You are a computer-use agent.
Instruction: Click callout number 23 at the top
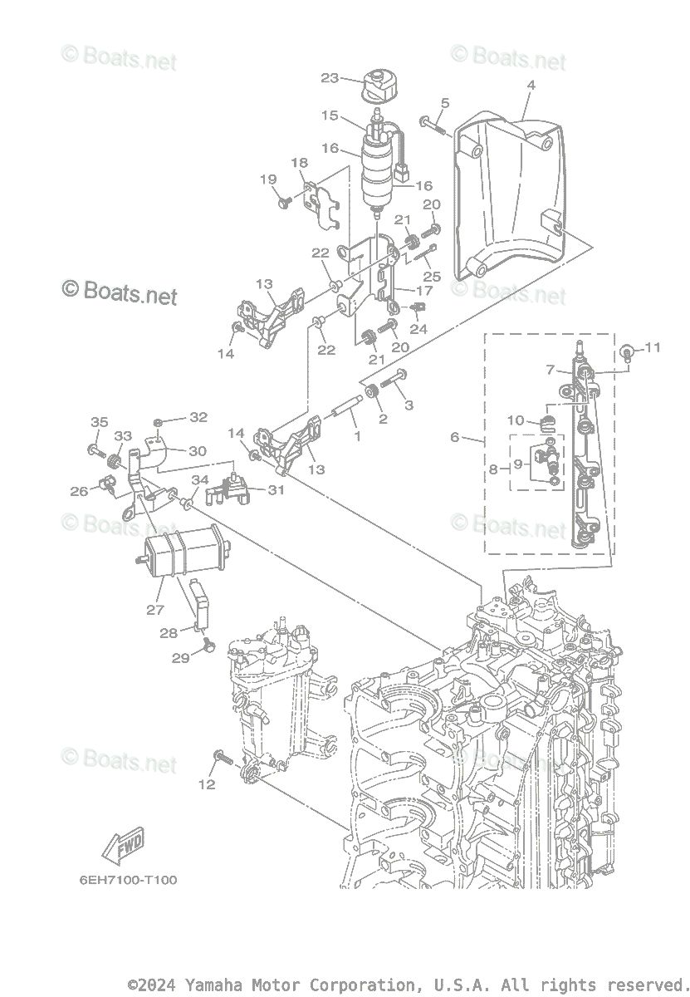coord(330,78)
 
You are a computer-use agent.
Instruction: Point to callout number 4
coord(531,85)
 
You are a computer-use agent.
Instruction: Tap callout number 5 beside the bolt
coord(445,103)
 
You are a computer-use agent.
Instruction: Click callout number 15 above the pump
coord(330,115)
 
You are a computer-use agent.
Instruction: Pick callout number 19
coord(267,179)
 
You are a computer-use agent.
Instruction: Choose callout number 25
coord(431,275)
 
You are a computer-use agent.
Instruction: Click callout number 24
coord(418,329)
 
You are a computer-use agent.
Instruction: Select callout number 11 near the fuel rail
coord(653,347)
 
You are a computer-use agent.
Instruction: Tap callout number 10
coord(516,420)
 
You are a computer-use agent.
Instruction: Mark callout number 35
coord(99,422)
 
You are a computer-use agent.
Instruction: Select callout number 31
coord(276,490)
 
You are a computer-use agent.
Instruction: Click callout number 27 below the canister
coord(155,610)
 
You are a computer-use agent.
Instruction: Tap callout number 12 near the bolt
coord(206,783)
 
